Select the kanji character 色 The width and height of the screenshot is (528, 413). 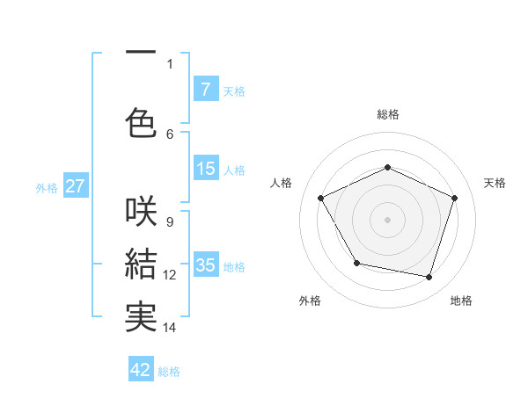[x=141, y=120]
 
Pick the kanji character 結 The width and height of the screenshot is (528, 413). [x=141, y=263]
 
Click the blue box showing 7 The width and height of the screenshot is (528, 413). [x=205, y=89]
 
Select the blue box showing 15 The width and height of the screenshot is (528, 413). [x=205, y=169]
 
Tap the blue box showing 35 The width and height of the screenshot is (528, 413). [x=205, y=265]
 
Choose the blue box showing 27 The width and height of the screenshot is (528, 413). [x=75, y=186]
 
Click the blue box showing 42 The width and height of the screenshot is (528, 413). [x=141, y=370]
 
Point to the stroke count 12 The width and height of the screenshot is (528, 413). [x=170, y=274]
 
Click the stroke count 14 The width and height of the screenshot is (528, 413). [x=170, y=328]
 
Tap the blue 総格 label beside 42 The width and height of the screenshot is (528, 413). [x=170, y=372]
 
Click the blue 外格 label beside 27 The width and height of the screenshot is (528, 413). [x=47, y=188]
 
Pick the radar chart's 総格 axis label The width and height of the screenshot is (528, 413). [x=387, y=114]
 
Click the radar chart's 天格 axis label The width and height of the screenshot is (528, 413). [x=495, y=183]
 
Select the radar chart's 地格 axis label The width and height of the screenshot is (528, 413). [x=461, y=301]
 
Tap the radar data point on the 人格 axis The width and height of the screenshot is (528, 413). [x=321, y=198]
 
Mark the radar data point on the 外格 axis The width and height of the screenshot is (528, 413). [x=356, y=263]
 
